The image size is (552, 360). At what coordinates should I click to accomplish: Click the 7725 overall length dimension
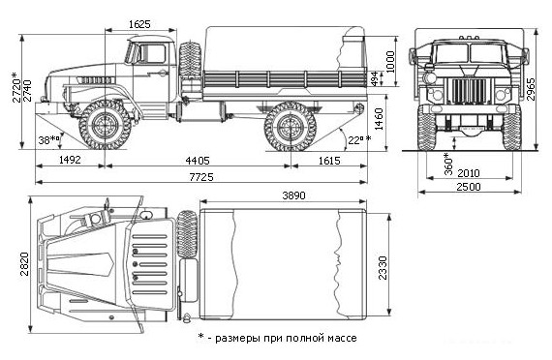pos(201,177)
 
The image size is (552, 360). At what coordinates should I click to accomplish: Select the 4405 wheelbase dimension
pos(198,161)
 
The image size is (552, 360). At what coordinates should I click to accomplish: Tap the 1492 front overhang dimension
pos(70,160)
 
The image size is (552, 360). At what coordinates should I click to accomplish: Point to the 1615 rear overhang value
pos(329,161)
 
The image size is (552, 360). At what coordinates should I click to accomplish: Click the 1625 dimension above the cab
pos(139,24)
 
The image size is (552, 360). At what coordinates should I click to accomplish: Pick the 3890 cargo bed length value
pos(294,195)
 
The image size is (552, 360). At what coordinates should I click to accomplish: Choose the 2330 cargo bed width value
pos(383,268)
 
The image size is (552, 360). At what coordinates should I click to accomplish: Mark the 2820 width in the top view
pos(24,264)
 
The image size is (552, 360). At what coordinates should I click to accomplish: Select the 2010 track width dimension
pos(469,173)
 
